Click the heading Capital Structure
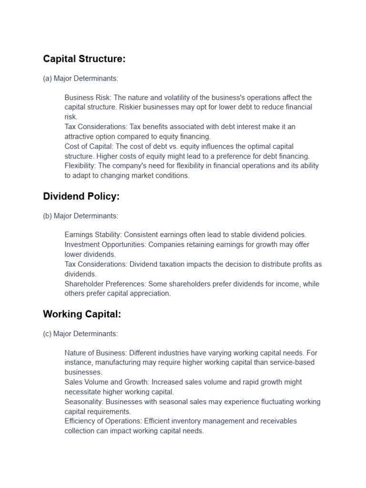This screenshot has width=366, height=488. pyautogui.click(x=84, y=59)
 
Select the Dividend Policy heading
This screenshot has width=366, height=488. pyautogui.click(x=81, y=196)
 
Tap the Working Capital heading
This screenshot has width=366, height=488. pyautogui.click(x=82, y=314)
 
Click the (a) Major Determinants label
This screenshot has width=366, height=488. pyautogui.click(x=81, y=78)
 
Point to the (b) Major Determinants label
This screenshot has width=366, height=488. pyautogui.click(x=81, y=216)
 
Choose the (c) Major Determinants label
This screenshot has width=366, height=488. pyautogui.click(x=80, y=334)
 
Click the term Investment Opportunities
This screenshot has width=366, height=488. pyautogui.click(x=105, y=244)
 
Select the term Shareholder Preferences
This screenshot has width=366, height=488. pyautogui.click(x=105, y=284)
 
